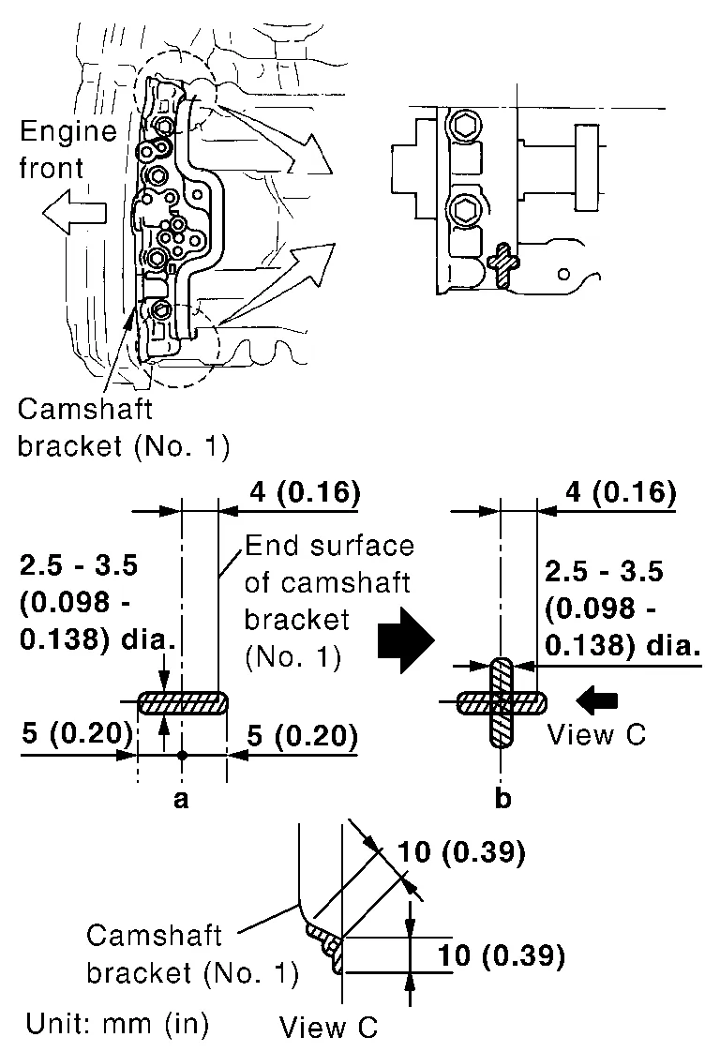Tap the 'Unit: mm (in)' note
pyautogui.click(x=117, y=1021)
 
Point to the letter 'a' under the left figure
pyautogui.click(x=182, y=799)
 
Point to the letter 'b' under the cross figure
pyautogui.click(x=503, y=799)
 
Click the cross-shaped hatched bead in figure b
pyautogui.click(x=502, y=701)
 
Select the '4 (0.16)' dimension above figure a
pyautogui.click(x=306, y=492)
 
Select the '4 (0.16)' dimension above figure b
pyautogui.click(x=622, y=492)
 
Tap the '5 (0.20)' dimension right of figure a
pyautogui.click(x=303, y=738)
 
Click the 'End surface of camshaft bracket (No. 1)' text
pyautogui.click(x=328, y=601)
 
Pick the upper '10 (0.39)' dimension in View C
pyautogui.click(x=458, y=852)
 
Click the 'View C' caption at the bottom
pyautogui.click(x=328, y=1027)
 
